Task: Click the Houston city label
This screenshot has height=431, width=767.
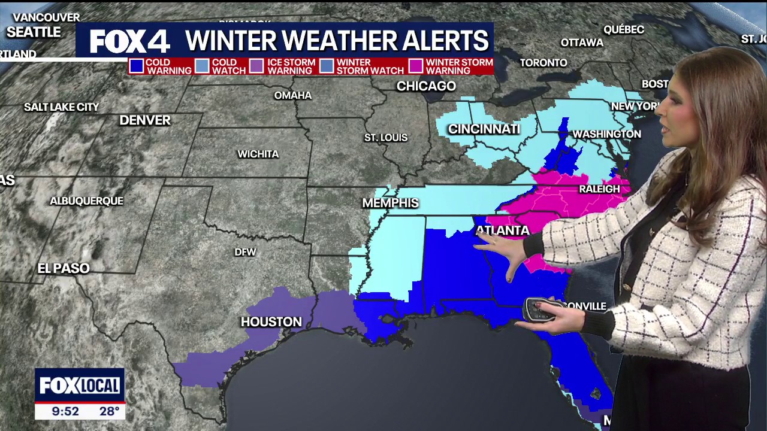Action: (x=271, y=322)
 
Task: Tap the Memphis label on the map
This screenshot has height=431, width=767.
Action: (x=390, y=204)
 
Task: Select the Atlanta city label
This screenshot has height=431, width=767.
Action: (x=502, y=230)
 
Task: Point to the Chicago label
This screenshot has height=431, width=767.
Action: (x=426, y=86)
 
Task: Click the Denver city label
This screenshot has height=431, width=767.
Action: (x=145, y=120)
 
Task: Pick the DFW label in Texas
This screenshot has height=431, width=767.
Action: (x=245, y=252)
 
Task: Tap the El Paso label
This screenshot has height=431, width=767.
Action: (x=64, y=268)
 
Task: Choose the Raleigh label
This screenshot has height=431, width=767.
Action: (x=599, y=189)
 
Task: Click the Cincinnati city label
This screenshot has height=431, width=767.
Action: (x=484, y=129)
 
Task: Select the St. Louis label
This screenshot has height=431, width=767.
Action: (x=386, y=138)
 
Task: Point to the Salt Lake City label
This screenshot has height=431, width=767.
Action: (x=61, y=107)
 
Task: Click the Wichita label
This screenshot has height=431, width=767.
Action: (x=258, y=154)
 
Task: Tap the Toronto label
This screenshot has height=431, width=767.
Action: (x=543, y=63)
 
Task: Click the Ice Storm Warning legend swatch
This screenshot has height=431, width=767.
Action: (x=256, y=66)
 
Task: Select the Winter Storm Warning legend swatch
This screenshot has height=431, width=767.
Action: (x=415, y=66)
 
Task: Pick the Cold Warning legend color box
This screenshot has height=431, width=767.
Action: (x=137, y=66)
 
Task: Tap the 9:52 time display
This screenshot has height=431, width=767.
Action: (x=65, y=411)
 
